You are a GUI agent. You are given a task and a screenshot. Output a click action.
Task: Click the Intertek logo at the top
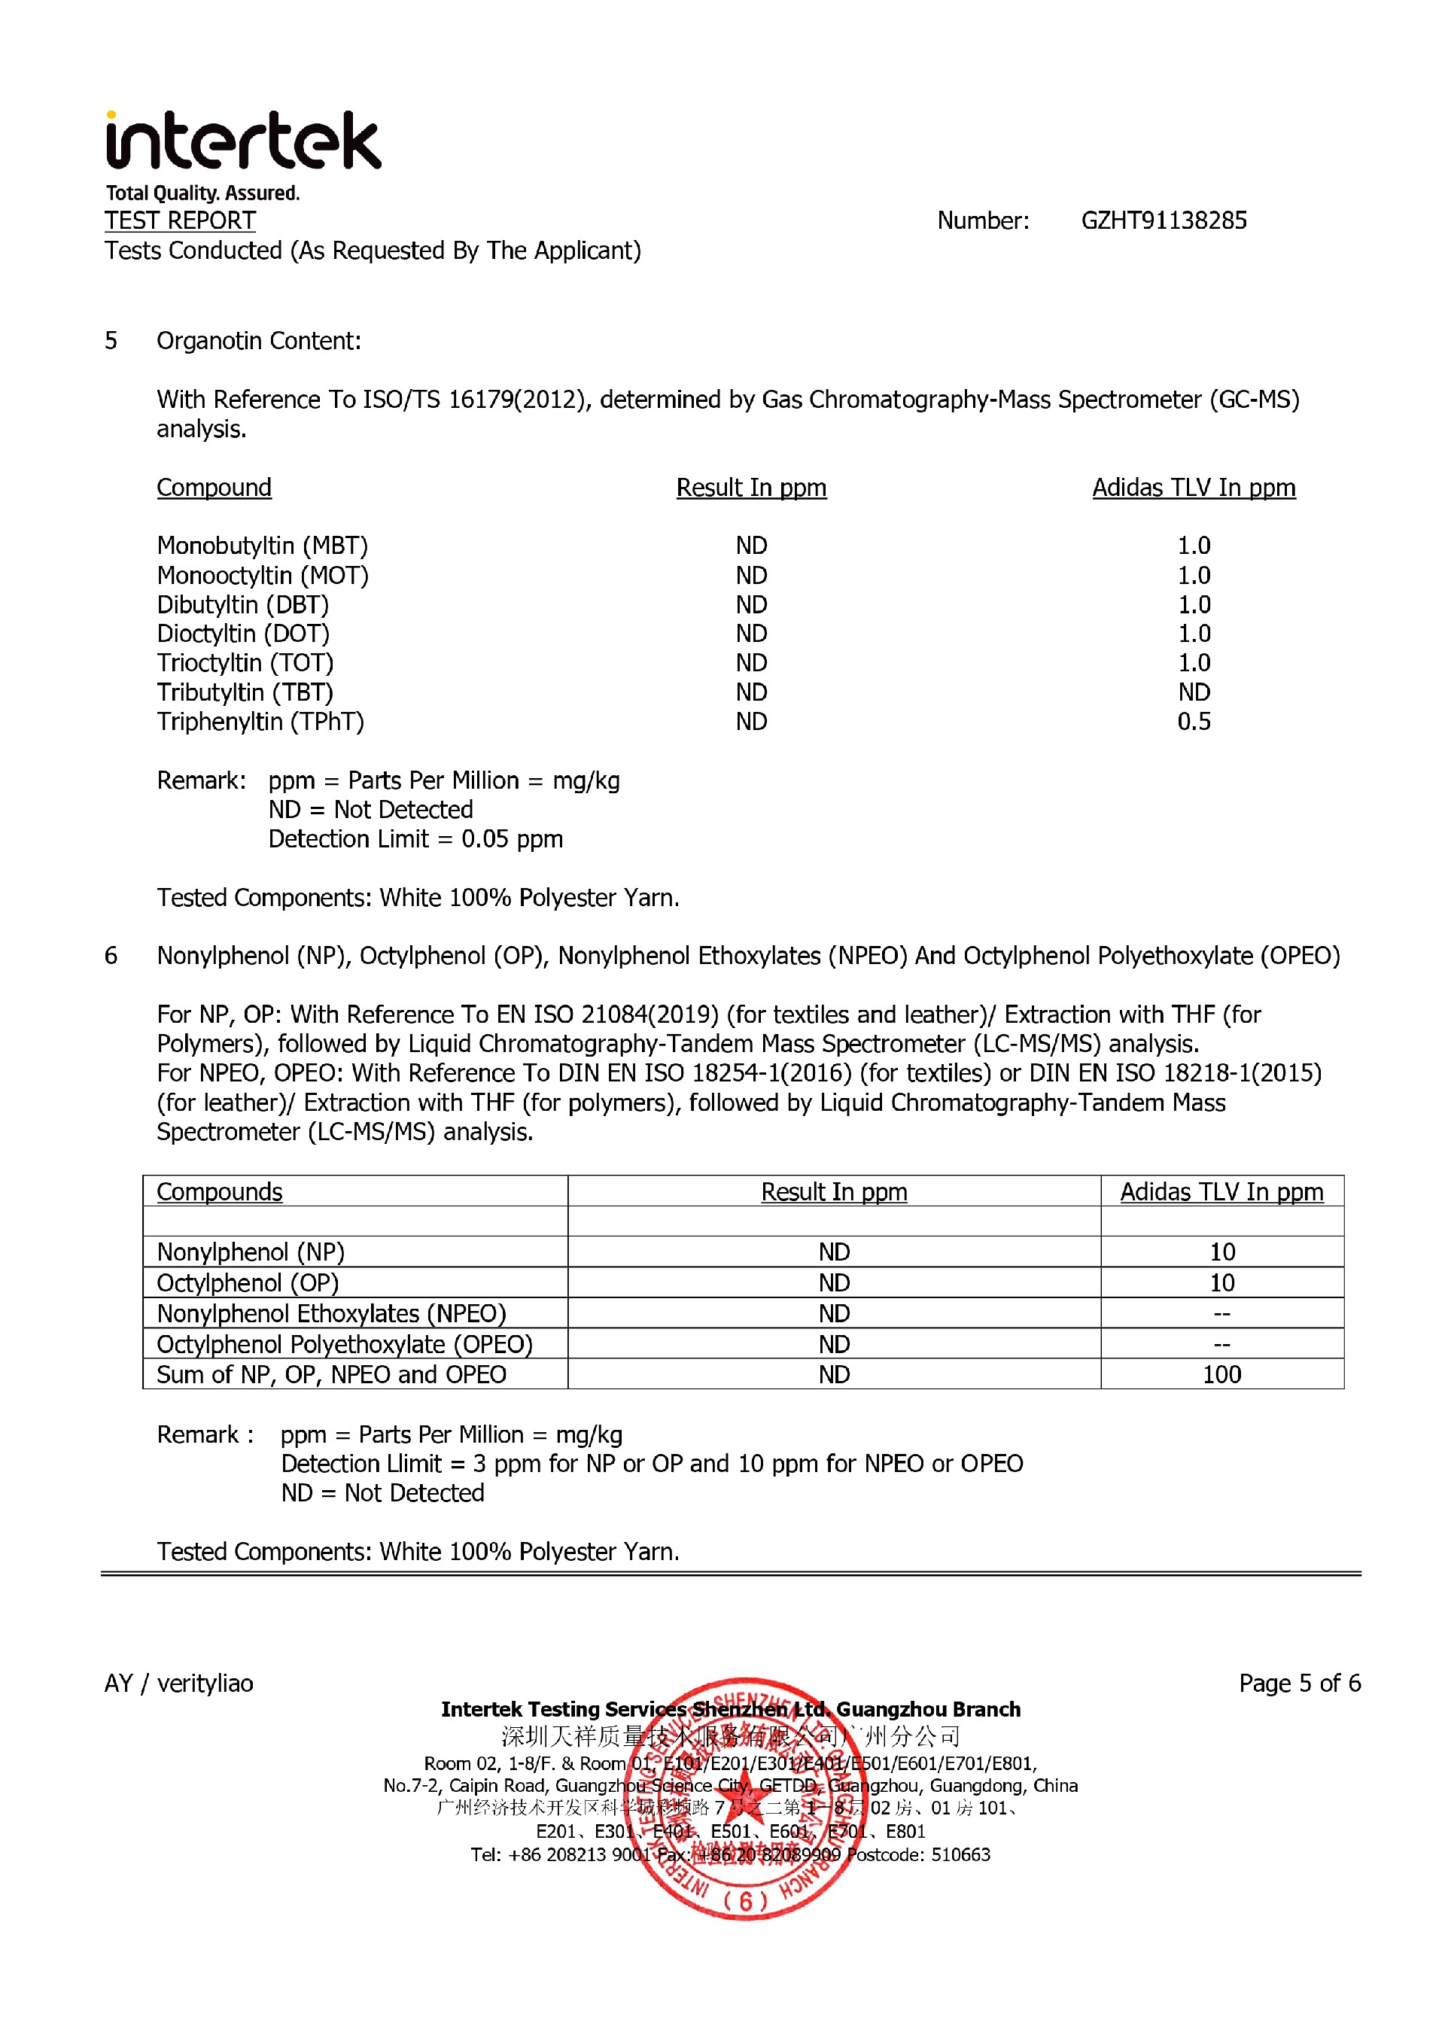tap(242, 142)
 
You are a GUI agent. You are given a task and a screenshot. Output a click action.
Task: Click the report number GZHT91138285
tap(1163, 221)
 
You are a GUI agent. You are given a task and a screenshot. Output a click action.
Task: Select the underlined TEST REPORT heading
tap(180, 221)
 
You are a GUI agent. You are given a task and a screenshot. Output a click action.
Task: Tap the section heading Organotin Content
tap(258, 341)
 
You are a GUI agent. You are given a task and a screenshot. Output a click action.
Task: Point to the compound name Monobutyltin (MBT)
tap(262, 546)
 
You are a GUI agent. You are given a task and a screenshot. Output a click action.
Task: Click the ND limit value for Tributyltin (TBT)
tap(1193, 692)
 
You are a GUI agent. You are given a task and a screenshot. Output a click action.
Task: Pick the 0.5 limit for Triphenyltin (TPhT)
tap(1193, 722)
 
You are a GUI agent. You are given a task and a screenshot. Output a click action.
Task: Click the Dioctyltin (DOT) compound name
tap(242, 634)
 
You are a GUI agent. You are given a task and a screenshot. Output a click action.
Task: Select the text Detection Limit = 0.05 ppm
tap(415, 840)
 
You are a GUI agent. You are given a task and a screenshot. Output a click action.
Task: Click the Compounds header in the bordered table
tap(219, 1192)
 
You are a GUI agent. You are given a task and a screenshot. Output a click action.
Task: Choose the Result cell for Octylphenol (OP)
tap(833, 1283)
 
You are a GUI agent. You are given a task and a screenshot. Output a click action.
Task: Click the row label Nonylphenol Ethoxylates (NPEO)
tap(331, 1314)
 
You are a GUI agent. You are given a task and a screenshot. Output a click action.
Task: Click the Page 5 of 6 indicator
tap(1299, 1684)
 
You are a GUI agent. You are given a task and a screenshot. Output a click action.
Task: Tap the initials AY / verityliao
tap(179, 1684)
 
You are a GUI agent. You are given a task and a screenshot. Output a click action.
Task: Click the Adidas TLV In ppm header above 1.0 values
tap(1193, 488)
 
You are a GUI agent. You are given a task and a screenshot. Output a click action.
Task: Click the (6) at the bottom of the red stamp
tap(744, 1902)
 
